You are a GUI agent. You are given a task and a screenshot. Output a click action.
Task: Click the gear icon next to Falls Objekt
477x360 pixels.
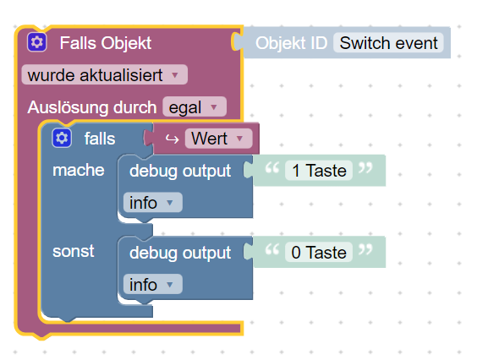pos(37,42)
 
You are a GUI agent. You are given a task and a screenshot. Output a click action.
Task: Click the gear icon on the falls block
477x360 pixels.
pos(62,138)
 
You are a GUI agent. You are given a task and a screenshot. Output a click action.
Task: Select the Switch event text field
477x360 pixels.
pos(388,43)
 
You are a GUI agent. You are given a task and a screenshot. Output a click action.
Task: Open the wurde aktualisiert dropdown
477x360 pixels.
pos(104,74)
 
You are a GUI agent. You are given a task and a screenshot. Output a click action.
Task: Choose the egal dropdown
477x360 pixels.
pos(195,106)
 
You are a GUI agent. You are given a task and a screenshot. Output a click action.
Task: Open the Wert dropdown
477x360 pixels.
pos(218,139)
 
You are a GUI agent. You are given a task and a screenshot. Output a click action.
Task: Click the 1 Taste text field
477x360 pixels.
pos(319,170)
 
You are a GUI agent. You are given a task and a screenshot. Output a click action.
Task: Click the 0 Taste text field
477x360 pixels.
pos(319,252)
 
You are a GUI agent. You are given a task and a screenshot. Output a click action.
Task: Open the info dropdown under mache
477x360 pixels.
pos(153,203)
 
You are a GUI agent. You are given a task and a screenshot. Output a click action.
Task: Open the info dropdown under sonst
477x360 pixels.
pos(153,284)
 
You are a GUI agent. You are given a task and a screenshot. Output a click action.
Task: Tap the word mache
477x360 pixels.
pos(79,170)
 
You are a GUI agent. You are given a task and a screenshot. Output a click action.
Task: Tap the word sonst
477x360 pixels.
pos(74,251)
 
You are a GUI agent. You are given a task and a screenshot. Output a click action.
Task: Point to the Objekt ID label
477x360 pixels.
pos(291,43)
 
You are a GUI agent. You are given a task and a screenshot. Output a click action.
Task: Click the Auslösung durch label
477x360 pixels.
pos(92,107)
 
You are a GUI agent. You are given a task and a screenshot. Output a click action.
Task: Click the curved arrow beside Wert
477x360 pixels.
pos(172,139)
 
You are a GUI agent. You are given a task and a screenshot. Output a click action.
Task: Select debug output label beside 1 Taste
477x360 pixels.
pos(180,172)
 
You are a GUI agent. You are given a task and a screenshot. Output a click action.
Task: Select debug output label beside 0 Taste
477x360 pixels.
pos(180,253)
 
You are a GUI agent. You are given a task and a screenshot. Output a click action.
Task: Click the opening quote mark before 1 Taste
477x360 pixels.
pos(272,167)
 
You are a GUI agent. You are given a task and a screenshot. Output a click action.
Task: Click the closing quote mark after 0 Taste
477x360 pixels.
pos(365,249)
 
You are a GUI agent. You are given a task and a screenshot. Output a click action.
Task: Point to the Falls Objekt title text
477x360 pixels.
pos(106,43)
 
